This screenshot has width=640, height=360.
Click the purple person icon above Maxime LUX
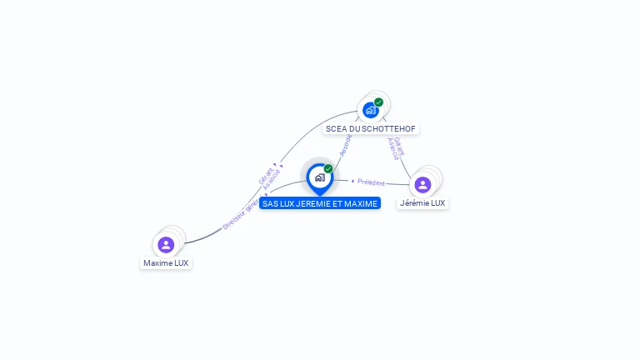[x=166, y=244]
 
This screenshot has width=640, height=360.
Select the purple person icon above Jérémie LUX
[x=422, y=184]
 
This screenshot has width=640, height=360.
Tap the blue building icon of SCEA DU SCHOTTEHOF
[x=370, y=110]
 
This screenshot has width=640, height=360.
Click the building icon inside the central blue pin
[x=319, y=177]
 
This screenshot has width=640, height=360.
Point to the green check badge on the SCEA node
[x=379, y=102]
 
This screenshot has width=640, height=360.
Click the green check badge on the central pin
[x=328, y=168]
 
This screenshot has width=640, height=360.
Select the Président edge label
[x=372, y=182]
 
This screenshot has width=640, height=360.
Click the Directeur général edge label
[x=241, y=214]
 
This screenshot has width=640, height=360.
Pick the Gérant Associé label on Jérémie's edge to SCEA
[x=397, y=148]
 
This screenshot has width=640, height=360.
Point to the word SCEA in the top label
[x=335, y=129]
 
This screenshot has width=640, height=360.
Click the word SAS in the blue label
[x=269, y=203]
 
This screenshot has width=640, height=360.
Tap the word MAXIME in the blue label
[x=361, y=203]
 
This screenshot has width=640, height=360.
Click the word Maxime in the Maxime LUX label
[x=157, y=263]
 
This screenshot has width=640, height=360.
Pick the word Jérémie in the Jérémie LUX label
[x=414, y=203]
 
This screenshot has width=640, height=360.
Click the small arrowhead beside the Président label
[x=352, y=181]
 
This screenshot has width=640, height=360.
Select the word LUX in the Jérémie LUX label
[x=437, y=203]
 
